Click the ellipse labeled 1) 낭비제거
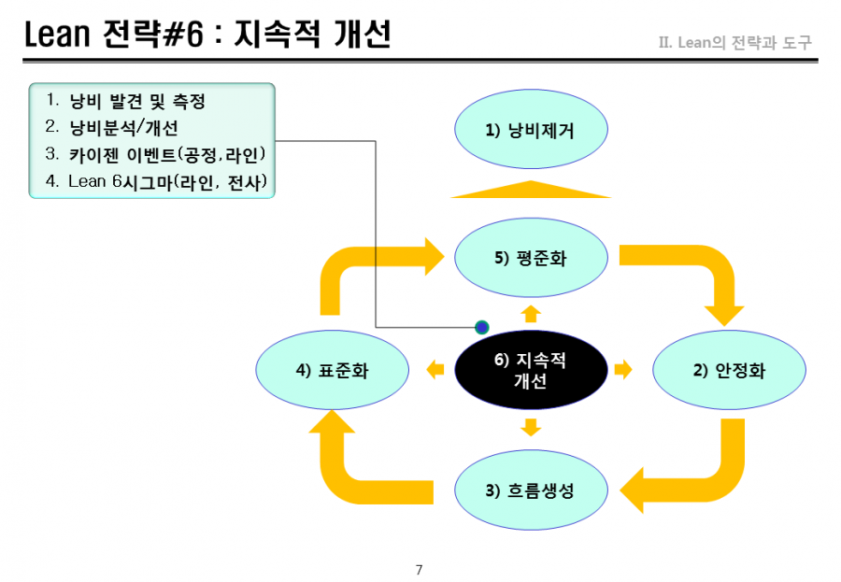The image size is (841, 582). [x=531, y=129]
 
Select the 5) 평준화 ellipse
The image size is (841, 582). [x=531, y=258]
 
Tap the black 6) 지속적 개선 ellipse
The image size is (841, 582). [x=531, y=370]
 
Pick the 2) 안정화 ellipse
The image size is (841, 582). [x=729, y=370]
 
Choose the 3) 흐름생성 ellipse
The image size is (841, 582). [x=531, y=490]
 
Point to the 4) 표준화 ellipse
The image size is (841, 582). [x=332, y=370]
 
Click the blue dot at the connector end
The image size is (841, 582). [x=481, y=327]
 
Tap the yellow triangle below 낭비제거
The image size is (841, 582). [x=531, y=190]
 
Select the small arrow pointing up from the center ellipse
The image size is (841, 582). [x=531, y=314]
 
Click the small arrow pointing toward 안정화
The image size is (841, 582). [x=623, y=370]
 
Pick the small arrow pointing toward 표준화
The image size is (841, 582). [x=435, y=370]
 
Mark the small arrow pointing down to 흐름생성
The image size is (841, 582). [x=531, y=428]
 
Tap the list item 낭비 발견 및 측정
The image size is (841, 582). [x=125, y=100]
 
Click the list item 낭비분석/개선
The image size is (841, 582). [x=111, y=127]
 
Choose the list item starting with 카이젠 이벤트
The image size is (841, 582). [x=155, y=154]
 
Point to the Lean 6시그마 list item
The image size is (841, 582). [x=156, y=182]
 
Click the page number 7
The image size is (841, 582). [x=419, y=570]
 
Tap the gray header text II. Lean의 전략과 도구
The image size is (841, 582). [x=735, y=42]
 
